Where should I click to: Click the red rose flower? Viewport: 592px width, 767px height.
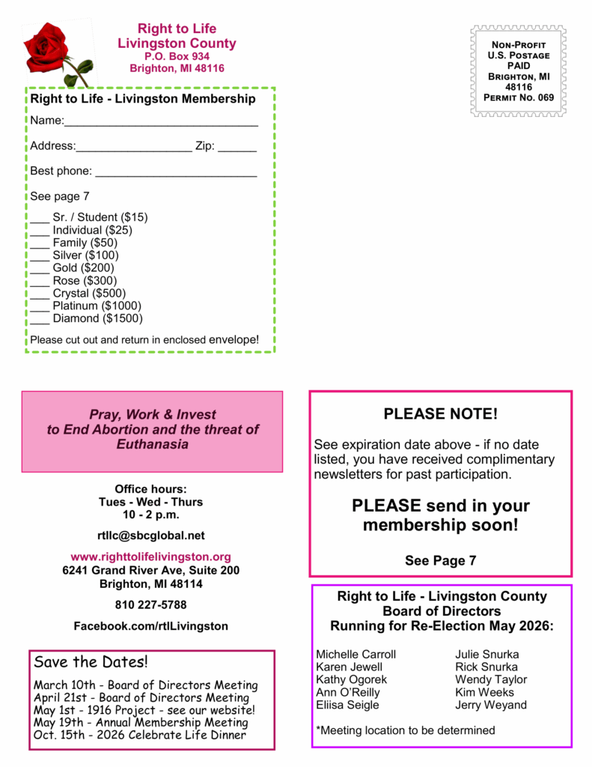click(46, 45)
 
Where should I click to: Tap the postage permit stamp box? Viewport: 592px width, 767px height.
click(519, 71)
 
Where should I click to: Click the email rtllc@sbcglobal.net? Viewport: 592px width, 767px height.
click(150, 536)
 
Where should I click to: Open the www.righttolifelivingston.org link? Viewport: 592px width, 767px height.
click(150, 557)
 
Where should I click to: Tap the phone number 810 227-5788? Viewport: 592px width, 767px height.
click(150, 604)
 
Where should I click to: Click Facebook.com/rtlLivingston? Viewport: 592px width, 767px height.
click(150, 625)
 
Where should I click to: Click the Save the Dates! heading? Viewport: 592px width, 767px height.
click(91, 662)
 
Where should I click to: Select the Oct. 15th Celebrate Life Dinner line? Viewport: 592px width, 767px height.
click(140, 735)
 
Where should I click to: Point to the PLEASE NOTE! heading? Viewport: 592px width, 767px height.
click(440, 414)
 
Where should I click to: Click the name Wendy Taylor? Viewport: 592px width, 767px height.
click(491, 679)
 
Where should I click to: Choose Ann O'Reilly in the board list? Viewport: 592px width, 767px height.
click(347, 692)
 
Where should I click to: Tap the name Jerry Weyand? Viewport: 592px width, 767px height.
click(491, 705)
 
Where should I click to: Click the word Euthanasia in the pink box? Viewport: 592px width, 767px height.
click(153, 444)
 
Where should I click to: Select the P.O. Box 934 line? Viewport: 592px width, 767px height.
click(177, 56)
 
